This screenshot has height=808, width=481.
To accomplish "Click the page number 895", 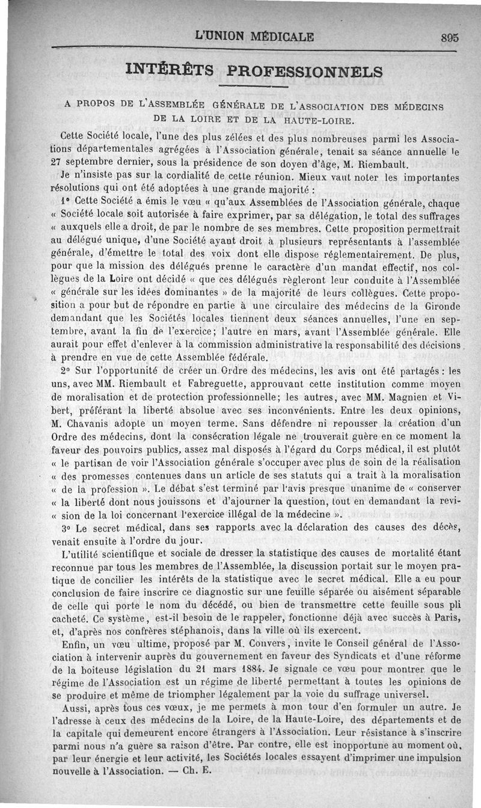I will (449, 37).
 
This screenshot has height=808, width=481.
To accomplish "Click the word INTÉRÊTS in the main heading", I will (169, 70).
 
